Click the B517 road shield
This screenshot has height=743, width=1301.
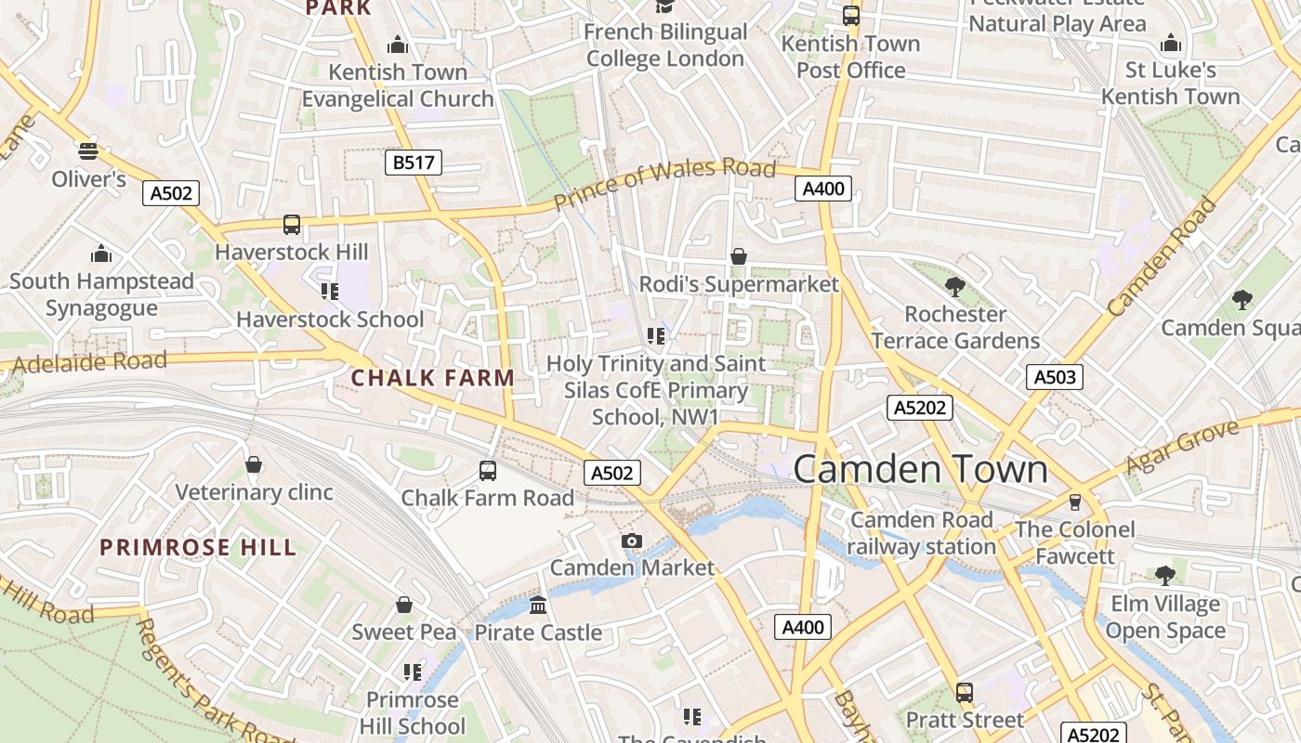(413, 163)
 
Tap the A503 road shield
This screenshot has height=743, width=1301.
(1055, 377)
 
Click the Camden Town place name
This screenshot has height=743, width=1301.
(920, 469)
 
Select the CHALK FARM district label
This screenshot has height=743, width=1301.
(432, 378)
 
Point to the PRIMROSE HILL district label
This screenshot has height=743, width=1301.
(198, 547)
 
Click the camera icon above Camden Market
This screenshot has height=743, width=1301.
(632, 541)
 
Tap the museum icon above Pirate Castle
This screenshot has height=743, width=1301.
(538, 606)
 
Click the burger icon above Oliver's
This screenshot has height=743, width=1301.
(88, 151)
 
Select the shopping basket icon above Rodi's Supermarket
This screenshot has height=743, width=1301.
(739, 256)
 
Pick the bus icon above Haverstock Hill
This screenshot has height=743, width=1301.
(292, 224)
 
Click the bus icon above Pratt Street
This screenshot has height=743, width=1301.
(965, 693)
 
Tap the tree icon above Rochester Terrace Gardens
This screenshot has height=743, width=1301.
(954, 286)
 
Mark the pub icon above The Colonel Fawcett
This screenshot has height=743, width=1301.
(1075, 502)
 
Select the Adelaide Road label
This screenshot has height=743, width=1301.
(84, 362)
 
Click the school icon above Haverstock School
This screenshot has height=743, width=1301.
(329, 292)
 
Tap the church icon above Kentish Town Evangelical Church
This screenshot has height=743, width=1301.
(398, 45)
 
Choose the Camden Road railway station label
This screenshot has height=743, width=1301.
(923, 533)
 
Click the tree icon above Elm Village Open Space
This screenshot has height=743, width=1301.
(1165, 576)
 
